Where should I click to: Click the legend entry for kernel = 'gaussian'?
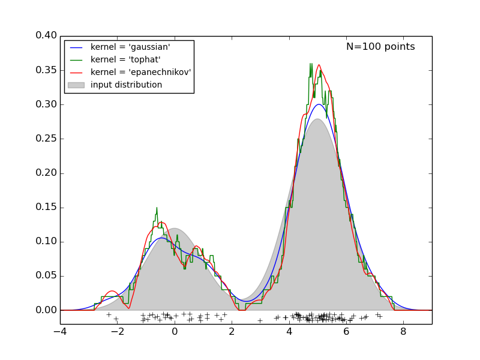[130, 47]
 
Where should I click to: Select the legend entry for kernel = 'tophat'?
[125, 59]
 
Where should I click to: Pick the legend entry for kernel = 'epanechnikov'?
[140, 72]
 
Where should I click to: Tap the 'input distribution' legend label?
[126, 85]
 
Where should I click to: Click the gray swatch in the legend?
[76, 85]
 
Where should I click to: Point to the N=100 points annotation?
[380, 47]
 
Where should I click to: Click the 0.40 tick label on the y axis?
[46, 35]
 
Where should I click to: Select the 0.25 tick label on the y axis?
[46, 139]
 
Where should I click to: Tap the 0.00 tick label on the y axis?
[46, 310]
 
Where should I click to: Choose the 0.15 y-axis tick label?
[46, 208]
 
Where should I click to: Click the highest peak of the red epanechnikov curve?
[319, 65]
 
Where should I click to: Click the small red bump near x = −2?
[112, 291]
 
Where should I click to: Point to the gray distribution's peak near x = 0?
[175, 229]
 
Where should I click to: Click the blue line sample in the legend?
[76, 47]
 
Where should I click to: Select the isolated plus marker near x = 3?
[260, 320]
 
